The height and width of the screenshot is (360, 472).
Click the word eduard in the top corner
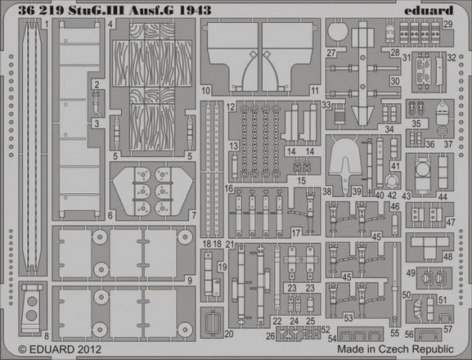(x=429, y=11)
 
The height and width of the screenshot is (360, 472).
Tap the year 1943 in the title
(x=195, y=11)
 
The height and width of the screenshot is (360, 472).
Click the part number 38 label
(x=326, y=191)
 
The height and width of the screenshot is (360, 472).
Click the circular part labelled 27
(x=338, y=32)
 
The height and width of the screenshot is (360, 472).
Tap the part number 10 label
(x=206, y=90)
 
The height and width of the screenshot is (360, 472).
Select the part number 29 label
(x=448, y=24)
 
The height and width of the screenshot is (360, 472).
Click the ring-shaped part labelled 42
(x=392, y=181)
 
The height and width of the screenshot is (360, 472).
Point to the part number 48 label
(x=448, y=257)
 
